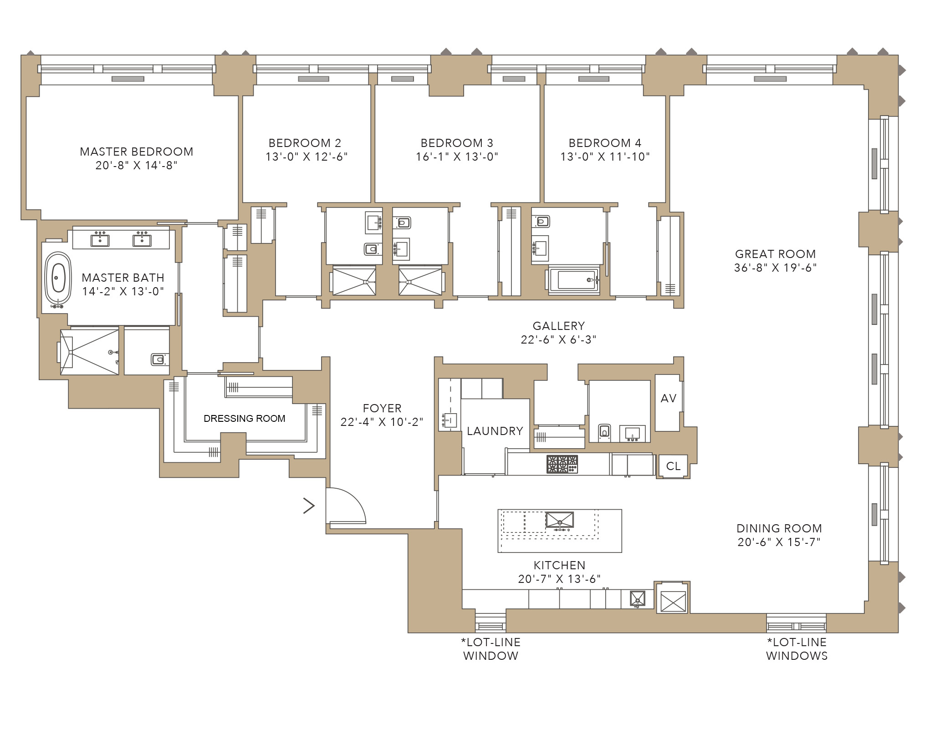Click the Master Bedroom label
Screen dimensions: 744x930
(137, 152)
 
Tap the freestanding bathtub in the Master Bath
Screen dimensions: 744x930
(58, 278)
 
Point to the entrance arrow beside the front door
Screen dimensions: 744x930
(309, 506)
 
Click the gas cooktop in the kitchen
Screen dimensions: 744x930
(562, 464)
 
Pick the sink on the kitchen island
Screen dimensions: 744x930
(559, 520)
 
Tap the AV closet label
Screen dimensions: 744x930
(668, 399)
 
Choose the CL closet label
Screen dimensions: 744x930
(673, 466)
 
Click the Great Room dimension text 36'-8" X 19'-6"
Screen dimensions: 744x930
(775, 268)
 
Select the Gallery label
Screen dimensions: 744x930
(559, 326)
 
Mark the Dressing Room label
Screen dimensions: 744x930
(245, 419)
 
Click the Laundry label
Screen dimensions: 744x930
(495, 431)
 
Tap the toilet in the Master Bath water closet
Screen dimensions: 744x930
(158, 360)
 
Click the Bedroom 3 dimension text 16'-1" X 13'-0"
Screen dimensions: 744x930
(457, 157)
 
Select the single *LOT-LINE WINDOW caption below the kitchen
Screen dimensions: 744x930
(491, 649)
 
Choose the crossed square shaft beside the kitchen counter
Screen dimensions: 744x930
(673, 601)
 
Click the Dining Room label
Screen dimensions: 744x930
(779, 528)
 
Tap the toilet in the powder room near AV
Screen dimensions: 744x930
(604, 431)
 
